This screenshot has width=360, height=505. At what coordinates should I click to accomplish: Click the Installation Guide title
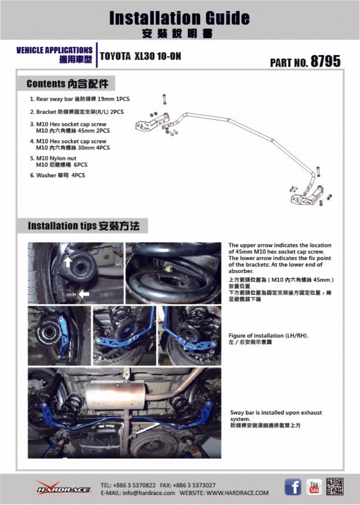(x=179, y=18)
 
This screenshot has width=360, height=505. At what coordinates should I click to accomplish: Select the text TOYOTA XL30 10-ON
(x=140, y=57)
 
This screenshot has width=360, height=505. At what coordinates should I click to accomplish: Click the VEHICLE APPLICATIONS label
(x=54, y=50)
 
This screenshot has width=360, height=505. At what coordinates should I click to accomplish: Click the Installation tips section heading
(x=83, y=226)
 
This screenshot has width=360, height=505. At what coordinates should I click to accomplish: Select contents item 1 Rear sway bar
(x=80, y=100)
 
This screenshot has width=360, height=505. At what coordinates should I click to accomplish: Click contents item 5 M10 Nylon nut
(x=56, y=158)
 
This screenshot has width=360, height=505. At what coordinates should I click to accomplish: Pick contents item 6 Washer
(x=57, y=175)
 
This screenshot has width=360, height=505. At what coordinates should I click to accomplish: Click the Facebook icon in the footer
(x=293, y=487)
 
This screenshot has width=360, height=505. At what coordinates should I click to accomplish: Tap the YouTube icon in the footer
(x=314, y=486)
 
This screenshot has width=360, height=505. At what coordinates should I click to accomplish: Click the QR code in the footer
(x=335, y=486)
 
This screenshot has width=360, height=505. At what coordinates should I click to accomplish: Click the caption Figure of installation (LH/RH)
(x=268, y=336)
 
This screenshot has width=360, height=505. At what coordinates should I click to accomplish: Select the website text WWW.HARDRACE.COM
(x=237, y=493)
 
